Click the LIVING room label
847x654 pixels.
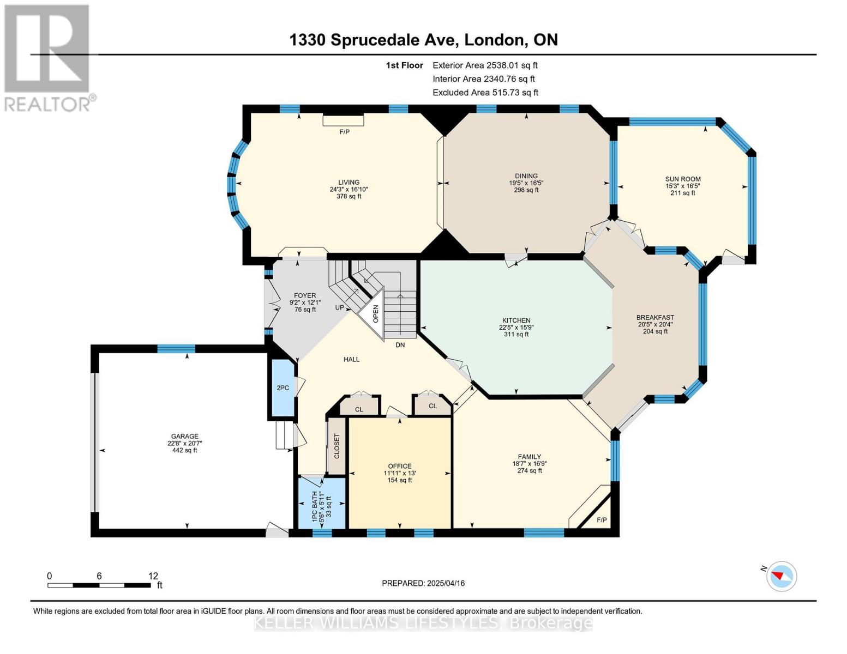click(x=349, y=182)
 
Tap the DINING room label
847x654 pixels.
click(x=526, y=176)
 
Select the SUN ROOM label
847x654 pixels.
click(x=682, y=179)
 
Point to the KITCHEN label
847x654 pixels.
click(x=516, y=320)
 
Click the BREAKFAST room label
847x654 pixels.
click(x=655, y=317)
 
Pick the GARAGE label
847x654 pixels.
click(x=184, y=436)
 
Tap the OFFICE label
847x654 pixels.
click(x=400, y=466)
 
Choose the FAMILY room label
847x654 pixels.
click(x=530, y=457)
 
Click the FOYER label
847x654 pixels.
click(x=305, y=295)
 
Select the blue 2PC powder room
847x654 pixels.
click(x=283, y=387)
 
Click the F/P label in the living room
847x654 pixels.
click(x=344, y=132)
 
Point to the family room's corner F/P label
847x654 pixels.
click(x=602, y=519)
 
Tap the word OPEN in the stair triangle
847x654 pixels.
click(x=375, y=313)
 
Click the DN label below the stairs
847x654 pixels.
click(x=400, y=345)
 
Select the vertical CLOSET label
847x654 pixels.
click(x=337, y=446)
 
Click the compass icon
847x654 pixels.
click(x=781, y=577)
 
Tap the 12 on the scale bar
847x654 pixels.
click(x=153, y=576)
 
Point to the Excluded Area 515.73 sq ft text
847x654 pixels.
click(x=485, y=93)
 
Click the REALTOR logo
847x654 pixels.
click(x=48, y=58)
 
